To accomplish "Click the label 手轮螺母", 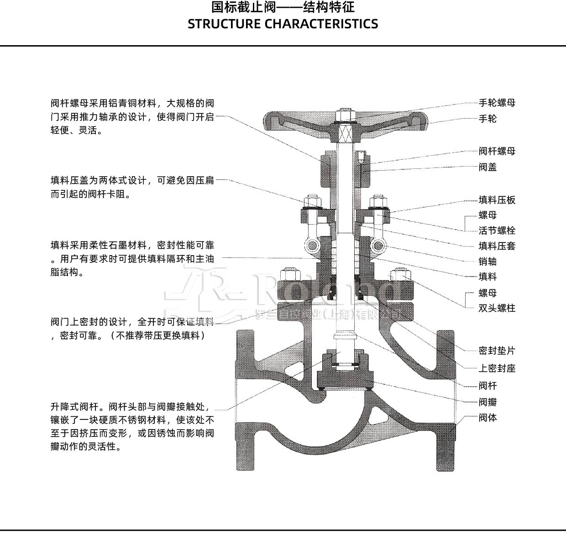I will (497, 103).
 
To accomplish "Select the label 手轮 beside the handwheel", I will (487, 119).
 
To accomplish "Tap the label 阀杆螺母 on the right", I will (497, 151).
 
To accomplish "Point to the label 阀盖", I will (487, 167).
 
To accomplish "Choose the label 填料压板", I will (497, 200).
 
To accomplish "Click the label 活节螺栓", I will (497, 230).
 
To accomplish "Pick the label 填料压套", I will (497, 246).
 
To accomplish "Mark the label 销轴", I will (487, 262).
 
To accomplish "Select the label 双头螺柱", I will (497, 308).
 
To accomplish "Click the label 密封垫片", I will (497, 351).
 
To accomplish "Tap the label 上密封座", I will (497, 368).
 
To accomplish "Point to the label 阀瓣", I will (487, 402).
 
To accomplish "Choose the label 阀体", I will (487, 418).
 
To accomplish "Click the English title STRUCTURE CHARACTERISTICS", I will (283, 24).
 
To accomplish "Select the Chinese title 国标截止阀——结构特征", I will (283, 8).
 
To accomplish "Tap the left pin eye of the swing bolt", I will (314, 246).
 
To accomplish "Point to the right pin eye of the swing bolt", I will (377, 246).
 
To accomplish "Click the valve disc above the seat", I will (346, 377).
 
